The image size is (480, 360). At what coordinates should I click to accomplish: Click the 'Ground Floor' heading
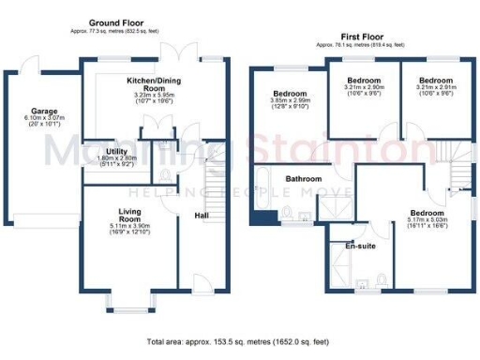pos(116,22)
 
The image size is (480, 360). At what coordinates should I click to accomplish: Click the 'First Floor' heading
pos(361,35)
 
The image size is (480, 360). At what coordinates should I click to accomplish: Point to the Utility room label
pos(117,150)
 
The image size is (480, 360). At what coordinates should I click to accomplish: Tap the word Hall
pos(202,216)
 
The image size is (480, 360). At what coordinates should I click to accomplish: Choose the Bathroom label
pos(304,178)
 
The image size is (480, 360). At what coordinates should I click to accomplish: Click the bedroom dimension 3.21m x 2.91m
pos(434,89)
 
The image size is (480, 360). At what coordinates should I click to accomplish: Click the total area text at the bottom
pos(240,342)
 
